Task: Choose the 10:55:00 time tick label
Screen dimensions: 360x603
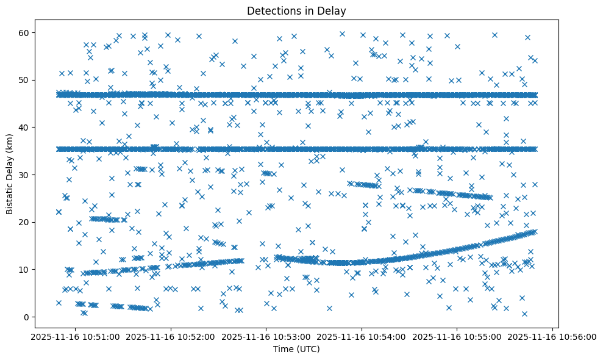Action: pos(458,336)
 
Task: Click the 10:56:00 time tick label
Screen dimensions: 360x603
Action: pos(554,336)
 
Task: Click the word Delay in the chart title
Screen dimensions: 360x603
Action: pos(333,10)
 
